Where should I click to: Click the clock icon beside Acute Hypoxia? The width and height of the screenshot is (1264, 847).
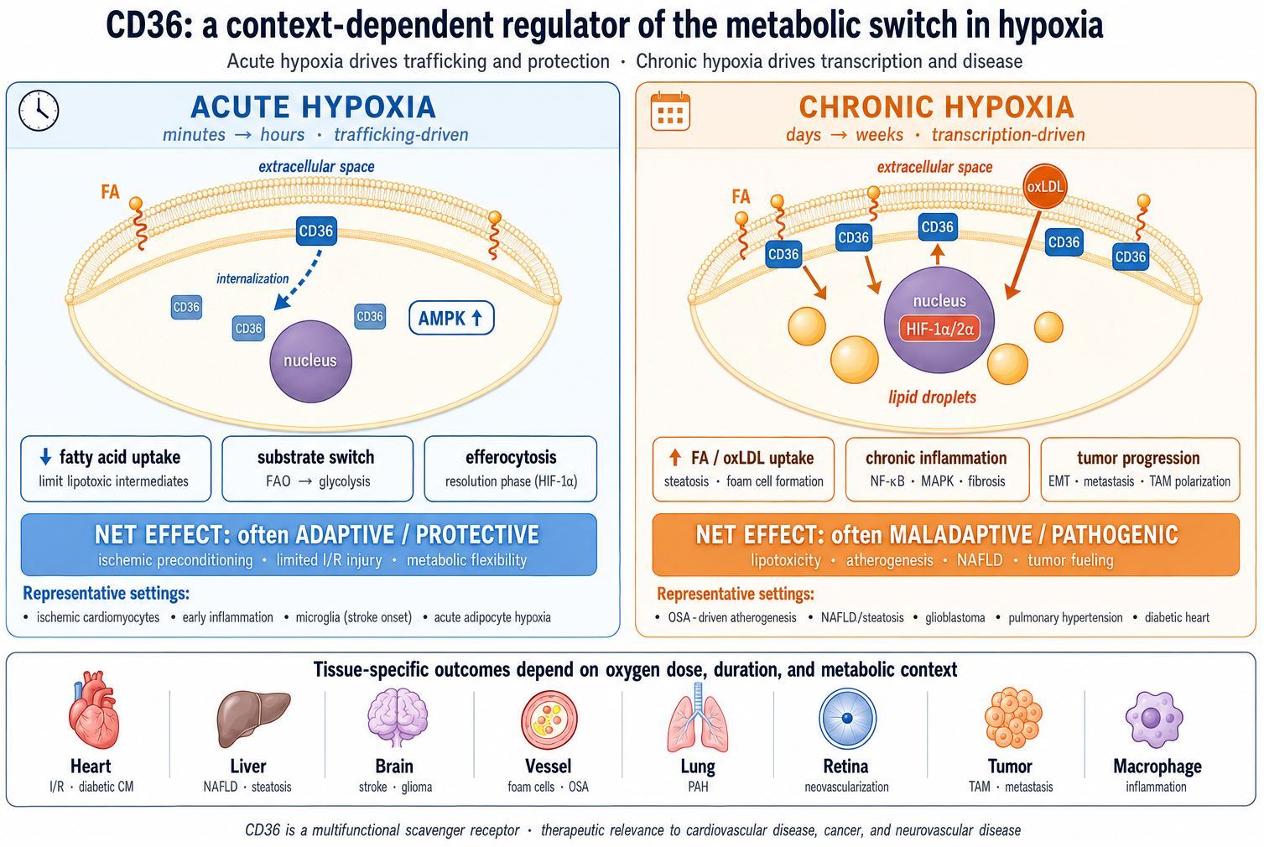point(39,111)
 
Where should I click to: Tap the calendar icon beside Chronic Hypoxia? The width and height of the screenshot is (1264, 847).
point(670,112)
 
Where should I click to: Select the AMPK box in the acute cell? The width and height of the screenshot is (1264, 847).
point(451,318)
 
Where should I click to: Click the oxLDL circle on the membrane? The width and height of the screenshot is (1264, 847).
point(1044,187)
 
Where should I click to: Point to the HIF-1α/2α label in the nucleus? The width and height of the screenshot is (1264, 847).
point(939,329)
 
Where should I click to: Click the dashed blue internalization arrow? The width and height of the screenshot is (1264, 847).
point(298,280)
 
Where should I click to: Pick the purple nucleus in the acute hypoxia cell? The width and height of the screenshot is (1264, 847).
point(310,361)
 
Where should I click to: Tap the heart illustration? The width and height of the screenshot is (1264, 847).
point(93,709)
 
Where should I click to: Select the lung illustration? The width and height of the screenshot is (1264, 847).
point(698,718)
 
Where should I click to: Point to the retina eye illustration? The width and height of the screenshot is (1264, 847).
point(847,719)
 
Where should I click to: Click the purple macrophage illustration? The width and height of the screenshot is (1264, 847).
point(1153,719)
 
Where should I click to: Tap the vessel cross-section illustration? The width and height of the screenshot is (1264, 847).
point(549,720)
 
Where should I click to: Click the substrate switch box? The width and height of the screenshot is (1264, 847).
point(317,468)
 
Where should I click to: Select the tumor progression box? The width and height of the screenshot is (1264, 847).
point(1140,469)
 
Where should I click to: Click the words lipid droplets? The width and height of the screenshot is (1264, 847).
point(932,398)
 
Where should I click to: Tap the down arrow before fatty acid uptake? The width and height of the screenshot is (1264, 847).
point(45,456)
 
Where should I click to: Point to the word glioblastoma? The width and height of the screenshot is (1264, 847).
point(955,617)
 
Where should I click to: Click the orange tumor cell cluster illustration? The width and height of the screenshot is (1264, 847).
point(1013,718)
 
